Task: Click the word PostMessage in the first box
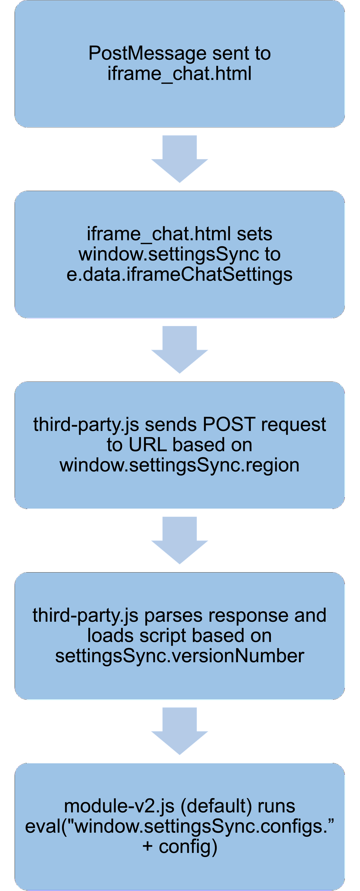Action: pos(147,54)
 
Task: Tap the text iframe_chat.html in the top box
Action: pos(179,74)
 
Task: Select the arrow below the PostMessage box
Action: pos(179,159)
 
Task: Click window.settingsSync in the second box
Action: pos(169,254)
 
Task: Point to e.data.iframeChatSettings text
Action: pos(179,274)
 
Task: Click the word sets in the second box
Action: pos(255,234)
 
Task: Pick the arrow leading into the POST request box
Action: pos(179,349)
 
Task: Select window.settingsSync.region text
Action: pos(179,465)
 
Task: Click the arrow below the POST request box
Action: pos(179,540)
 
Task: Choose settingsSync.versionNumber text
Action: pos(179,656)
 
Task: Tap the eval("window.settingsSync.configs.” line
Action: pos(179,826)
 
